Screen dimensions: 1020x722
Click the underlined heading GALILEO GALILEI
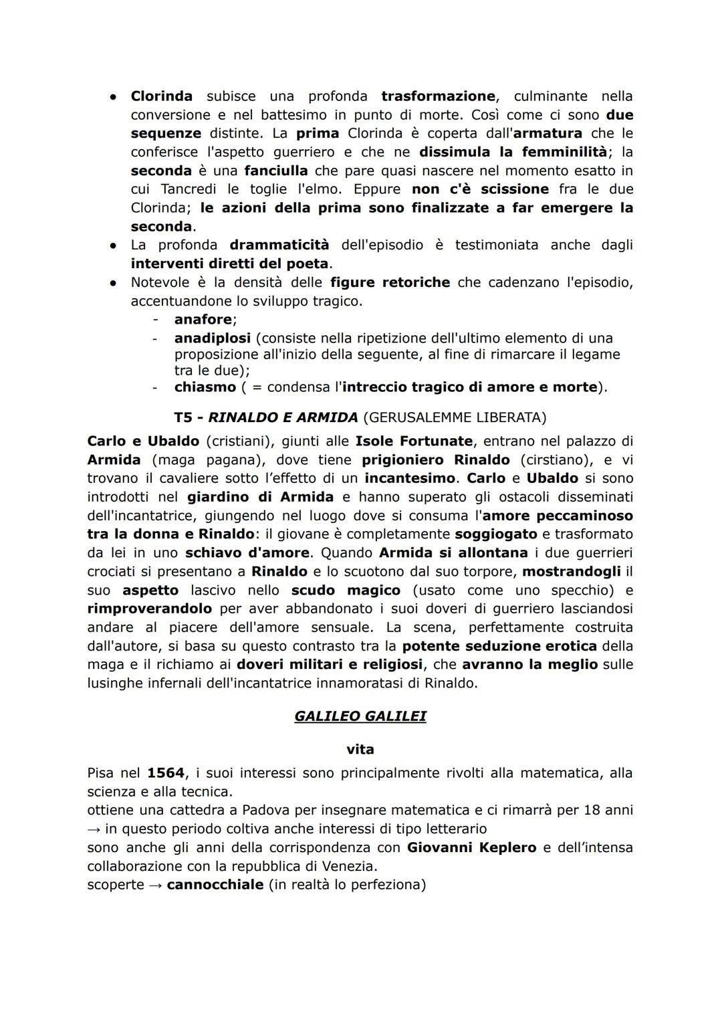[x=360, y=716]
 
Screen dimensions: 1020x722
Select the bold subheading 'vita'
[x=360, y=749]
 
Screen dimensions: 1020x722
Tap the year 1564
[x=166, y=773]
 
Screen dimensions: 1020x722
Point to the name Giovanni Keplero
[x=472, y=847]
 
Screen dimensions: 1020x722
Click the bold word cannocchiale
[x=215, y=885]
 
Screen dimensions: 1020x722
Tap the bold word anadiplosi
[x=213, y=338]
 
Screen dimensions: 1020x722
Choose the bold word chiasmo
[x=205, y=387]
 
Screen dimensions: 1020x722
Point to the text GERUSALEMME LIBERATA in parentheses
[x=455, y=418]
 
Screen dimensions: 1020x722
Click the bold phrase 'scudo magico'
[x=346, y=591]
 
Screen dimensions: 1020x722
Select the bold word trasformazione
[x=438, y=96]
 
